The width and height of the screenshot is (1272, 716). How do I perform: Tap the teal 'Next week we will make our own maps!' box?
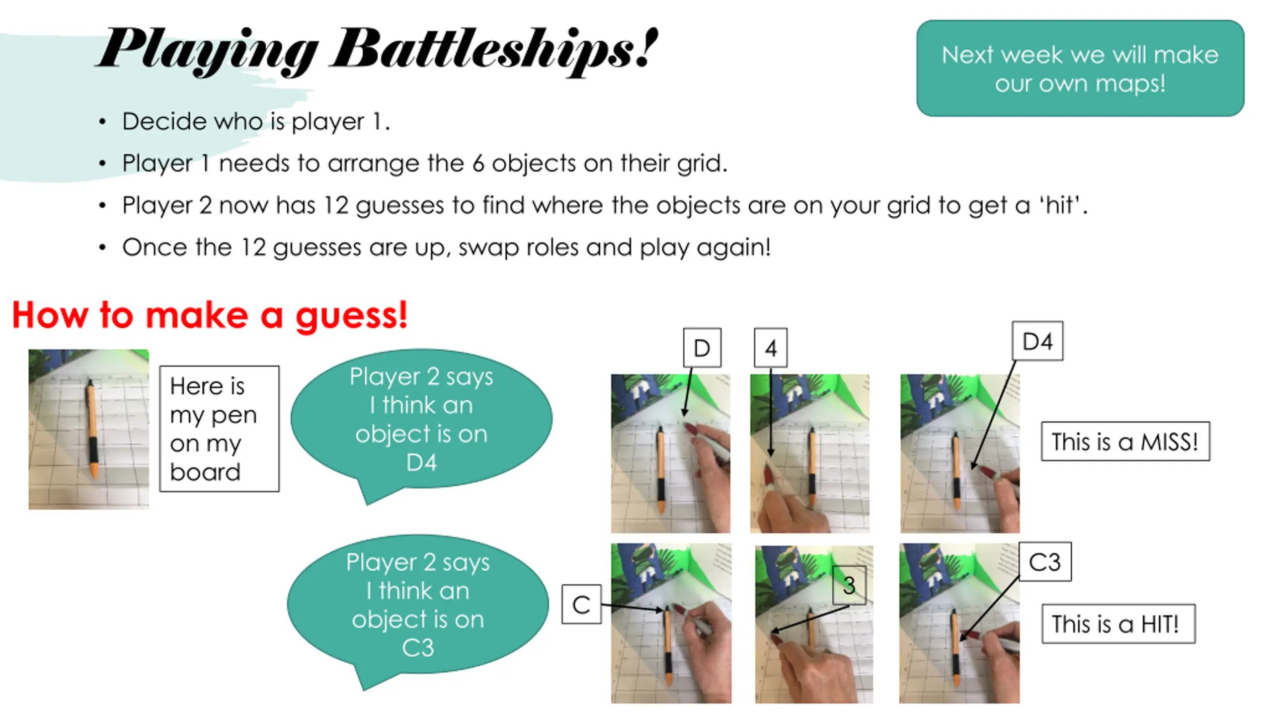[x=1080, y=68]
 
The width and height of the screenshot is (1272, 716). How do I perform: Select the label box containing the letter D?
[x=702, y=348]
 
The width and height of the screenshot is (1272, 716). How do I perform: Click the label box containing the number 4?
[x=771, y=348]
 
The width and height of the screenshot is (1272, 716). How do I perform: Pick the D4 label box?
[x=1037, y=341]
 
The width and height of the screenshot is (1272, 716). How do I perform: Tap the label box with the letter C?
[x=581, y=604]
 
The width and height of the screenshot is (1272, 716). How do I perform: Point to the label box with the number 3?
[x=849, y=585]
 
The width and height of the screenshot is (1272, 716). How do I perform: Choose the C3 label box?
[x=1045, y=562]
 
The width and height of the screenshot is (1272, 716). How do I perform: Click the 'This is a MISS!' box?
[x=1125, y=442]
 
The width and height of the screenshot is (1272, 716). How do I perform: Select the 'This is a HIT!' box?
[x=1118, y=624]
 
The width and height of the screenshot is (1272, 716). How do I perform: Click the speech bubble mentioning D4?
[x=421, y=420]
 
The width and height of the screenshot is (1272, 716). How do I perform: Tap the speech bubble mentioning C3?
[x=418, y=606]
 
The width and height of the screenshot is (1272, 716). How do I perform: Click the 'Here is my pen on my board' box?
[x=219, y=429]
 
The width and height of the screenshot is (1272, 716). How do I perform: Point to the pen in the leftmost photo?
[x=92, y=429]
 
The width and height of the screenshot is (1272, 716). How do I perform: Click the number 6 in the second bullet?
[x=478, y=164]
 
